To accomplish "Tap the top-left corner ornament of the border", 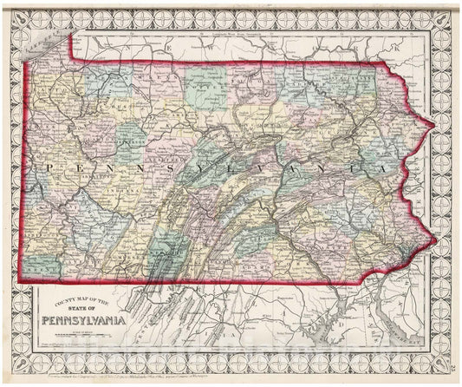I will (x=10, y=10).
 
